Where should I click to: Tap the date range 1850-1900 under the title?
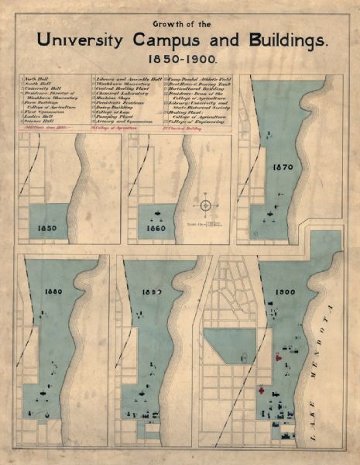[180, 59]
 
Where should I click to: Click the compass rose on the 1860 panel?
[205, 205]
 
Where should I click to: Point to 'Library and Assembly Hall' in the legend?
[126, 80]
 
